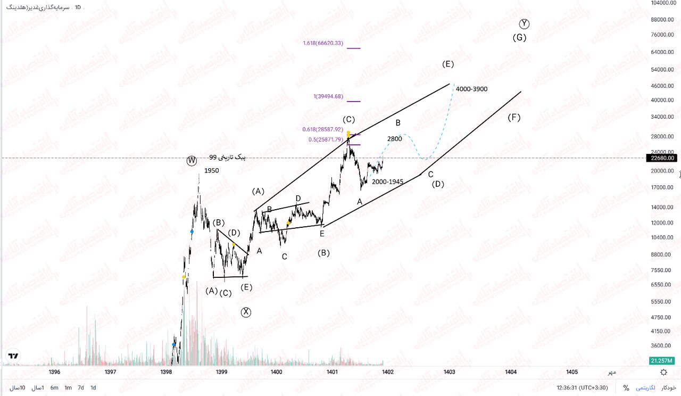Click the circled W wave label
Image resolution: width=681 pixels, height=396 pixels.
click(x=192, y=161)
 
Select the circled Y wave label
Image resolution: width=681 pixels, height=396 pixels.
click(x=525, y=23)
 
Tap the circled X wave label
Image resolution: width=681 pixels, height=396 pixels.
click(x=246, y=312)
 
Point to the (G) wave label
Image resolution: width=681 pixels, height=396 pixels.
click(x=520, y=38)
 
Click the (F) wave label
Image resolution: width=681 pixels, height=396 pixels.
click(x=513, y=118)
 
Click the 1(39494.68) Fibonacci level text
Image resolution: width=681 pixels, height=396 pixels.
click(x=328, y=96)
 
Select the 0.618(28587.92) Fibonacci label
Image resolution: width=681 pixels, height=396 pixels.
click(x=323, y=129)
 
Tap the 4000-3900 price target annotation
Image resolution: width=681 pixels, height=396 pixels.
click(x=471, y=89)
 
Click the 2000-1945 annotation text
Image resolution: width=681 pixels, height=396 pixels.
click(x=387, y=181)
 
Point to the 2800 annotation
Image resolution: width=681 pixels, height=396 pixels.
click(x=394, y=139)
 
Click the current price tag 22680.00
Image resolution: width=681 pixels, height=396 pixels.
click(x=662, y=158)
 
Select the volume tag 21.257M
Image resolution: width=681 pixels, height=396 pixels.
click(x=662, y=361)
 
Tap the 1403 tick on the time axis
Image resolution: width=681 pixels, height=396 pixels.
click(x=449, y=372)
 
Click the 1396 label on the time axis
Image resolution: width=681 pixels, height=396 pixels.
click(x=54, y=372)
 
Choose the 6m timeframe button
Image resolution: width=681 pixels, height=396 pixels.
click(x=54, y=387)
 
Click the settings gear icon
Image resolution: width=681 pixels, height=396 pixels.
click(x=663, y=372)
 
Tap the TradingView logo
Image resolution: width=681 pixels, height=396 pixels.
click(x=13, y=356)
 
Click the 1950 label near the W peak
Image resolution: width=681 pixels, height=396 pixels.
click(x=211, y=171)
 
